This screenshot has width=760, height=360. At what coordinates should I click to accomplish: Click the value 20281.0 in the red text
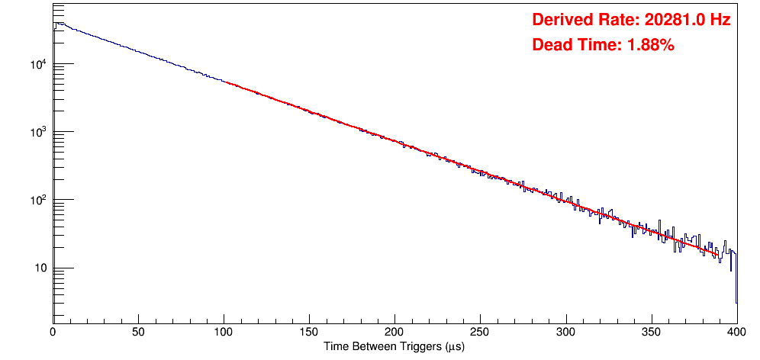(x=669, y=20)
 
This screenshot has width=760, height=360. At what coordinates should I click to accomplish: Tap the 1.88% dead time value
(x=650, y=45)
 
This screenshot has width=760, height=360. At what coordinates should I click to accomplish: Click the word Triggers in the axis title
(x=412, y=347)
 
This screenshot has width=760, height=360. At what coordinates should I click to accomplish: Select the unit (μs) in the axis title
(x=451, y=347)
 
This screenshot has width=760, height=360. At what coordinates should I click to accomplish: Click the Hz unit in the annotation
(x=721, y=20)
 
